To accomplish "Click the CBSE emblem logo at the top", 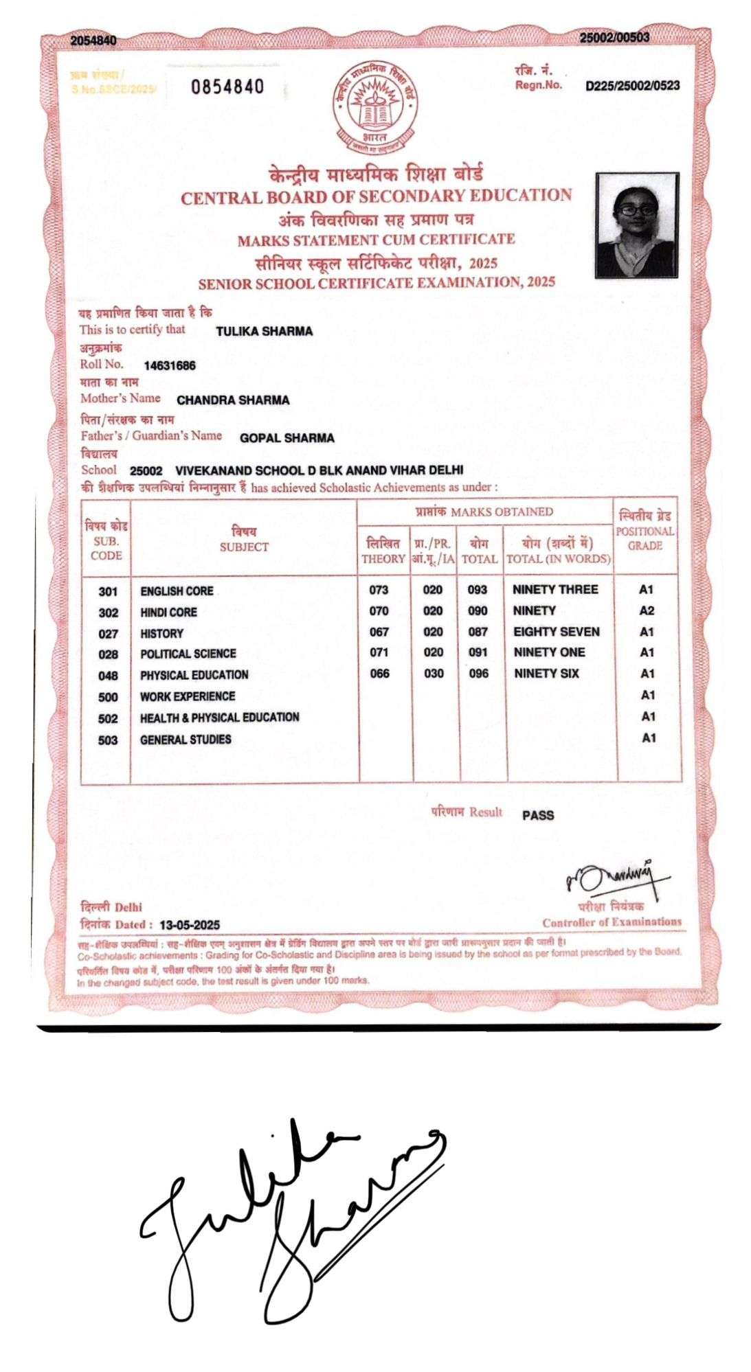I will [x=374, y=108].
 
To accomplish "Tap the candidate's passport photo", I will [x=636, y=225].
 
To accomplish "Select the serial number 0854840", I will [x=227, y=87].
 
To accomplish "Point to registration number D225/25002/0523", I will [x=632, y=86].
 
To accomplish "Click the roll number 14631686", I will [x=170, y=366].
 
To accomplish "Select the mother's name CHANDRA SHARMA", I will [x=233, y=400].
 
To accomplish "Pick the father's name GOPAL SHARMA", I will [x=287, y=438].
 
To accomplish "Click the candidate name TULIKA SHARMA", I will [x=264, y=332].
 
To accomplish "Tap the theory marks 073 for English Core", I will [x=379, y=590].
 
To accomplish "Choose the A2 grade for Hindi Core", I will [x=647, y=610].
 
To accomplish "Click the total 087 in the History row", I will [x=478, y=632].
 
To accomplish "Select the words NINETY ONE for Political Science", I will [x=549, y=652].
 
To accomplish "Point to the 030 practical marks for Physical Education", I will [x=434, y=674].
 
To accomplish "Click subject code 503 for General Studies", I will [x=108, y=740].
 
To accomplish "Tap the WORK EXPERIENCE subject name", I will [x=188, y=696].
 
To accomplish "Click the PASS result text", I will [x=537, y=816].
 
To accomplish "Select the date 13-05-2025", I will [x=190, y=925].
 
